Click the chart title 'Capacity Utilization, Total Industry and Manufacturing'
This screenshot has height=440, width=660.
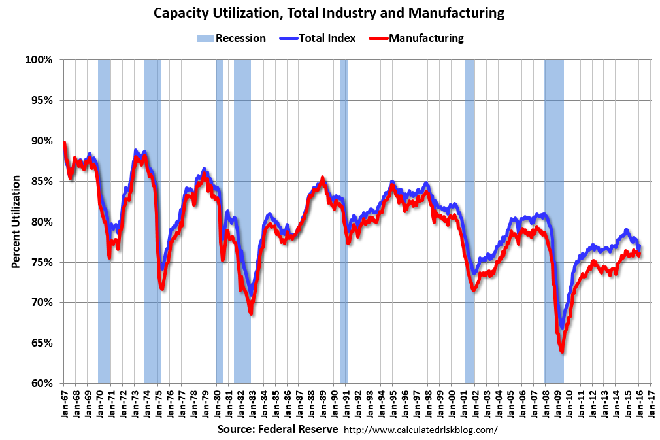(330, 13)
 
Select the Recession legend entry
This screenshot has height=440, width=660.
(231, 38)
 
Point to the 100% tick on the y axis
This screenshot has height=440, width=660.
(39, 60)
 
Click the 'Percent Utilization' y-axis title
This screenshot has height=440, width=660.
(16, 222)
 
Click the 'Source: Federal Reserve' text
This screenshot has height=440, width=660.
(278, 430)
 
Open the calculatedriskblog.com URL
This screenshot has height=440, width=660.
(420, 430)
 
